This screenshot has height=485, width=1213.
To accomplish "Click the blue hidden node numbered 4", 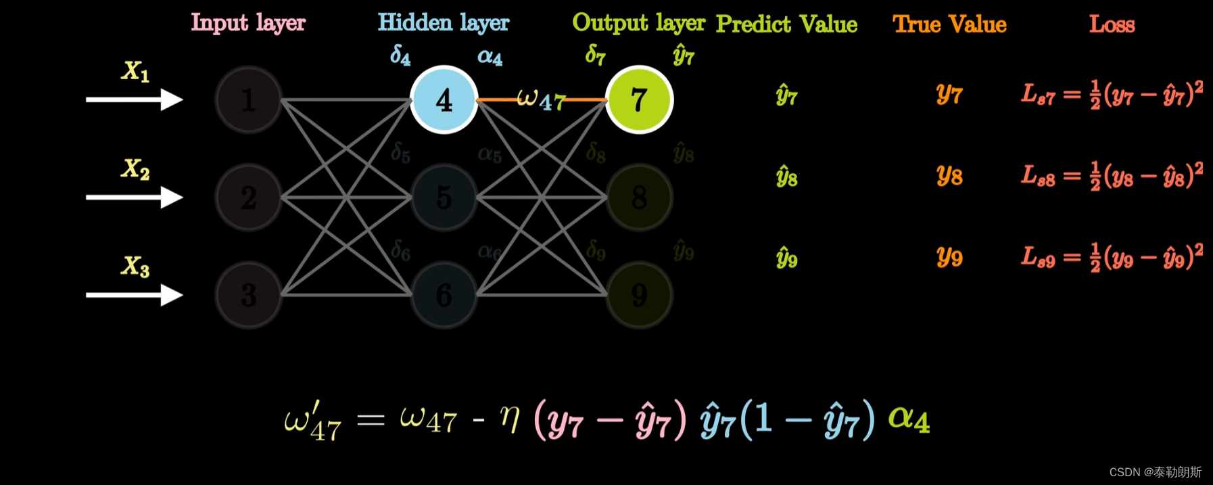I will pyautogui.click(x=444, y=100).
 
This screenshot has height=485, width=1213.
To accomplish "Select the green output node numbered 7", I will pyautogui.click(x=639, y=100).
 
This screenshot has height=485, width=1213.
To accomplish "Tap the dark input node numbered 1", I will pyautogui.click(x=248, y=100).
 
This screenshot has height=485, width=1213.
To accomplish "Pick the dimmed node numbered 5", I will pyautogui.click(x=444, y=198).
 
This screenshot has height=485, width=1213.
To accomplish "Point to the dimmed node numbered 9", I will pyautogui.click(x=639, y=295).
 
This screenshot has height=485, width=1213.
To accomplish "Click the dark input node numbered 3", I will pyautogui.click(x=248, y=295).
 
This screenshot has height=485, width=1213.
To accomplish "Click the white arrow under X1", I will pyautogui.click(x=134, y=100).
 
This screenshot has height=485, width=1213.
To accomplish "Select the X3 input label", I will pyautogui.click(x=135, y=266).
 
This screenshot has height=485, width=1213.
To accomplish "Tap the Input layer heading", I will pyautogui.click(x=248, y=23).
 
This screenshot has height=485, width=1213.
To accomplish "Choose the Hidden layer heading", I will pyautogui.click(x=444, y=23).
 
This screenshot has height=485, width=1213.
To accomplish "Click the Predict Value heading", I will pyautogui.click(x=786, y=24).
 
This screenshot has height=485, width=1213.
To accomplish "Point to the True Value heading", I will pyautogui.click(x=949, y=24).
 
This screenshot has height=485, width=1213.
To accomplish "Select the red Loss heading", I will pyautogui.click(x=1112, y=24).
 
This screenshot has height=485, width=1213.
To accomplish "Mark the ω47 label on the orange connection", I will pyautogui.click(x=541, y=100).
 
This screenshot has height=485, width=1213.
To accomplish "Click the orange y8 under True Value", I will pyautogui.click(x=949, y=176).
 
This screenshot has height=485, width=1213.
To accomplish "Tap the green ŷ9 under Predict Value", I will pyautogui.click(x=786, y=258).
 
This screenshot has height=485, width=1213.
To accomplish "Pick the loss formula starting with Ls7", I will pyautogui.click(x=1112, y=95).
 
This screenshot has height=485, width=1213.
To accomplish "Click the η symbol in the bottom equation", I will pyautogui.click(x=509, y=419).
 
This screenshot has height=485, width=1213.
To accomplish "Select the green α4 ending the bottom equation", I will pyautogui.click(x=909, y=419).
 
